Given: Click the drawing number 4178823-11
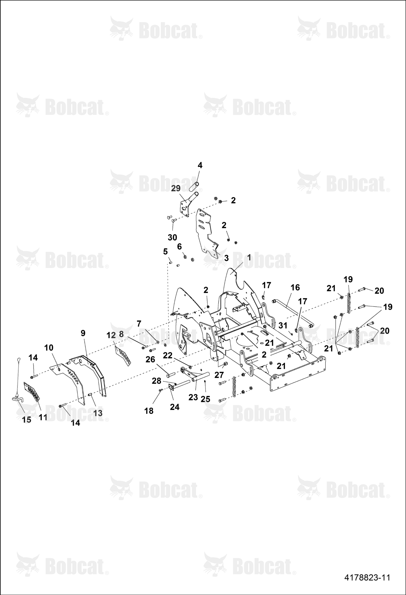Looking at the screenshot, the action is coord(367,577).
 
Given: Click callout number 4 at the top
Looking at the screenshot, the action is coord(200,165).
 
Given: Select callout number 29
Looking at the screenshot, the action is coord(176,188).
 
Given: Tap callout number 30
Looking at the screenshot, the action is coord(172,237).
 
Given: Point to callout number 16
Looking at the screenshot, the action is coord(295,287).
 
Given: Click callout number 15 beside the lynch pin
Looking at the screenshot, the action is coord(27,420).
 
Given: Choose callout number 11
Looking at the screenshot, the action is coord(43,417).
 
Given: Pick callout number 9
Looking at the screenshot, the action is coord(83,333).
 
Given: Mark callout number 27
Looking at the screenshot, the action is coord(219,375).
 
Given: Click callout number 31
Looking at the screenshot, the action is coord(283,325).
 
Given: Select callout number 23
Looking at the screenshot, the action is coord(193,397).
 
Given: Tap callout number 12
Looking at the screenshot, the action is coord(111,335).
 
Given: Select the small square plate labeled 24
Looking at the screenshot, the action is coord(171,388).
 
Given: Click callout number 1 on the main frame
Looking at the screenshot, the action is coord(249,258).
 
